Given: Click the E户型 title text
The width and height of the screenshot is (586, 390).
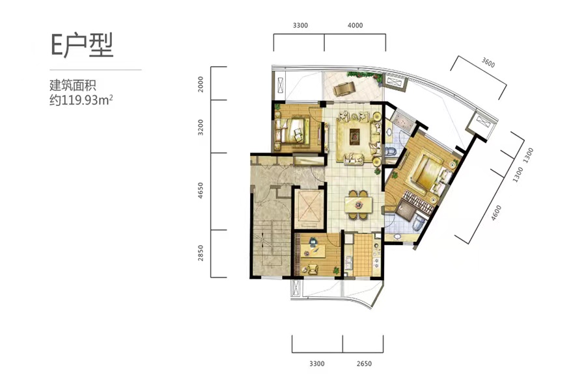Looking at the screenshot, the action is (82, 45).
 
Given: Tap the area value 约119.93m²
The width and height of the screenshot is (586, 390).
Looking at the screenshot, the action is (81, 100).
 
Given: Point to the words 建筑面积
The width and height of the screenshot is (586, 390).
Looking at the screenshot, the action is (73, 85).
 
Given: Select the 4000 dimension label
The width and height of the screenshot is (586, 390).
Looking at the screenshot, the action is (355, 25).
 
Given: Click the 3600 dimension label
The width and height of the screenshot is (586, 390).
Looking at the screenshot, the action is (488, 62).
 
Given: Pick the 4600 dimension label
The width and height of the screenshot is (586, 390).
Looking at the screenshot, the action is (496, 213).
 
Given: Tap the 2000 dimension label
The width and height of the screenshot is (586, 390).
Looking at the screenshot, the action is (201, 84).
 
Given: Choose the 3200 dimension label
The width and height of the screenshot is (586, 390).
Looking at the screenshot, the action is (201, 127).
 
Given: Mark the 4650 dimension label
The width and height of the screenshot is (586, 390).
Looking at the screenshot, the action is (201, 190).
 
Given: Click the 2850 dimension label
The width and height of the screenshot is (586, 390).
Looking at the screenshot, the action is (201, 253).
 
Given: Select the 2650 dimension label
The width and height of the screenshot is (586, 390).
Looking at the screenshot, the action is (364, 363).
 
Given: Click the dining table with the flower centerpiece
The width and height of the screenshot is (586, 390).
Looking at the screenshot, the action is (358, 205).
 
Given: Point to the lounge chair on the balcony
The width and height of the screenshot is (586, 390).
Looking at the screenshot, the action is (342, 89).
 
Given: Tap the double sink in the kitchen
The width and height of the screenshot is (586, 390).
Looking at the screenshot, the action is (349, 263).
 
